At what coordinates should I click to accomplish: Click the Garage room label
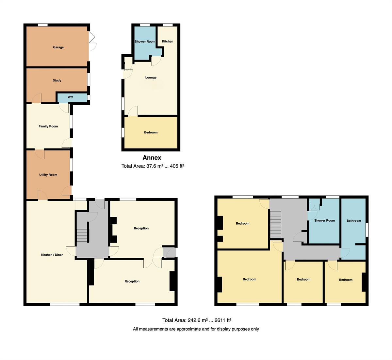[x=58, y=47]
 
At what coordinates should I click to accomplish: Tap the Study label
[x=57, y=80]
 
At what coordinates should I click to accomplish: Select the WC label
[x=70, y=97]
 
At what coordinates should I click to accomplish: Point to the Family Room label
[x=48, y=126]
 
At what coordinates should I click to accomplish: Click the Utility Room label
[x=48, y=175]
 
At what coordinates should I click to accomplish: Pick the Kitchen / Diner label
[x=52, y=255]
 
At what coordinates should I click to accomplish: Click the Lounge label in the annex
[x=151, y=77]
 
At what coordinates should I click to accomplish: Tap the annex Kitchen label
[x=168, y=41]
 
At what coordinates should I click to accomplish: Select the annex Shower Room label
[x=145, y=42]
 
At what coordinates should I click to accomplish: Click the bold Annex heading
[x=152, y=158]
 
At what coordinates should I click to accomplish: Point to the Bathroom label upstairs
[x=354, y=221]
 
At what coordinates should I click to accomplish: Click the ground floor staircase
[x=82, y=235]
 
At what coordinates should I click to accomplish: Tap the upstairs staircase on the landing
[x=275, y=225]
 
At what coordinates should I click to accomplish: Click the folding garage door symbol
[x=92, y=37]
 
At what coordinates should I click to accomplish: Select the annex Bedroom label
[x=151, y=132]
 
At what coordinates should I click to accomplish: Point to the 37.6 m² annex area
[x=155, y=166]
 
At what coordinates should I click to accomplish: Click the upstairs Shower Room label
[x=324, y=220]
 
